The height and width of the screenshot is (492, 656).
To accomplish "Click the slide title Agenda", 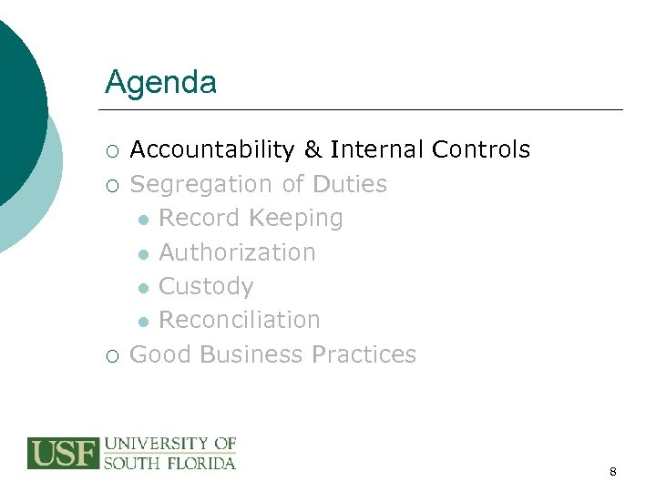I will [160, 83].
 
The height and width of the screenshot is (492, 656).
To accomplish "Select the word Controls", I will [481, 150].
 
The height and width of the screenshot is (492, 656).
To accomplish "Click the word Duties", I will [350, 184].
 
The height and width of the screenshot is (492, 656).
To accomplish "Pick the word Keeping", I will [296, 219].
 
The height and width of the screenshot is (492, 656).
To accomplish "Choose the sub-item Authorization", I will [237, 252].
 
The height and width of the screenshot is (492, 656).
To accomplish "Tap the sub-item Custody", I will [206, 286].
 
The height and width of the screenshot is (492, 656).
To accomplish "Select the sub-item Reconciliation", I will [240, 320].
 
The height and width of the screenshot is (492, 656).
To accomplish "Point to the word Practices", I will [364, 354].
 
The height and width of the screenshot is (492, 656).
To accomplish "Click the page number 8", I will [613, 472].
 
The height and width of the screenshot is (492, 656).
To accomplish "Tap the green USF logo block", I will [63, 454].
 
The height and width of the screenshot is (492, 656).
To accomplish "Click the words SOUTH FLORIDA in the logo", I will [170, 463].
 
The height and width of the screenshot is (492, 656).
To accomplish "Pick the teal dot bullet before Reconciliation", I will [143, 322].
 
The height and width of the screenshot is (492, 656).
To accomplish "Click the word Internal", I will [377, 150].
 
